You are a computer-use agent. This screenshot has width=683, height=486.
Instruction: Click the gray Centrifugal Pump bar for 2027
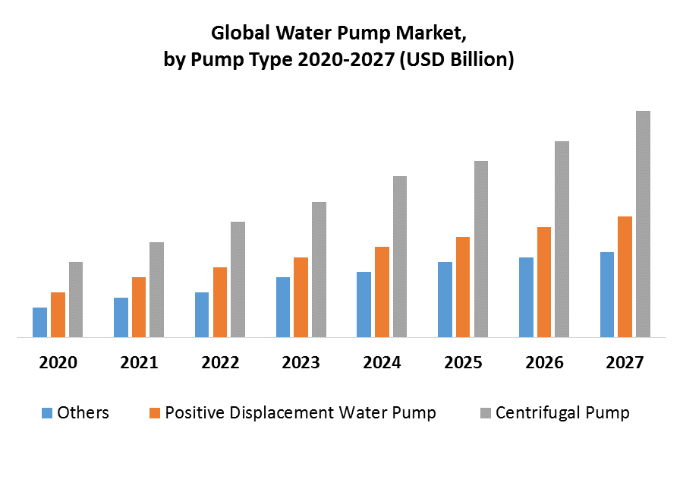pos(643,224)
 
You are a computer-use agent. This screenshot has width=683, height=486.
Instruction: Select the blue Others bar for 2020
pos(39,322)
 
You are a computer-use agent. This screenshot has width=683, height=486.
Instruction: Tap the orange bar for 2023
pos(301,297)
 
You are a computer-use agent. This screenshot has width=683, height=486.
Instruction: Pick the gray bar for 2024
pos(399,257)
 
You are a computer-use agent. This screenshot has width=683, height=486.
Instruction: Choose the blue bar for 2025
pos(445,299)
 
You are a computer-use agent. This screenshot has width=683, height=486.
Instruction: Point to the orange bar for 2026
pos(543,282)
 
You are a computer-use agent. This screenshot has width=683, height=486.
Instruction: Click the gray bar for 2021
pos(156,289)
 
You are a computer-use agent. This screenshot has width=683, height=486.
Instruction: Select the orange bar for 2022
pos(220,302)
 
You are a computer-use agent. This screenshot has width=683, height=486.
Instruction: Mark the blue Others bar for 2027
pos(607,295)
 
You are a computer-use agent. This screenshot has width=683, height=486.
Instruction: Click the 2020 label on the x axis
pos(58,363)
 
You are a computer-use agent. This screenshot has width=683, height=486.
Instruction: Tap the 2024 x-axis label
pos(382,363)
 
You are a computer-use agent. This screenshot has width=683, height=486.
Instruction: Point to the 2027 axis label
pos(625,363)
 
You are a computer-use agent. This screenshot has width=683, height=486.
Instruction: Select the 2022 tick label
pos(220,363)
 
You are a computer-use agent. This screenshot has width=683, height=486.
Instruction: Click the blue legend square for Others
pos(47,413)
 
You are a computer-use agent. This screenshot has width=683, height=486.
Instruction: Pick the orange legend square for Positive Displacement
pos(155,413)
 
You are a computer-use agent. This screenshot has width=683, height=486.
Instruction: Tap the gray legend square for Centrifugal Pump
pos(486,413)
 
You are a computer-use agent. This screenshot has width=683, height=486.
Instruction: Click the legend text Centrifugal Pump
pos(562,413)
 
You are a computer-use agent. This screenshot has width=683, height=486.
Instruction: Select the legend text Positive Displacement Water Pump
pos(301,413)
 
